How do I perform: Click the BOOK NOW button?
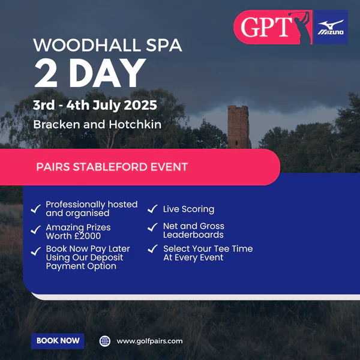pos(58,341)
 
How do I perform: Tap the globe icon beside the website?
pos(104,341)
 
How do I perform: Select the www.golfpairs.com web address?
pos(149,341)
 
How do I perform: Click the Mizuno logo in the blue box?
pos(331,27)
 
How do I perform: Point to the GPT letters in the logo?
pos(266,27)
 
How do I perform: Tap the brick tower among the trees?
pos(239,127)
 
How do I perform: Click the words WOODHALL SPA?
pos(107,45)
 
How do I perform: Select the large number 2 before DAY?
pos(46,73)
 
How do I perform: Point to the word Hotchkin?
pos(135,124)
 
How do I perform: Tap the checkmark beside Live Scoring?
pos(152,209)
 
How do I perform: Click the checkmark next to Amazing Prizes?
pos(36,230)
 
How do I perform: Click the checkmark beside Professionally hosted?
pos(36,209)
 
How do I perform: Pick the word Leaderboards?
pos(193,235)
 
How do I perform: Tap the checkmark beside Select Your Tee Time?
pos(152,248)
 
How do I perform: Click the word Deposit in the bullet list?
pos(107,257)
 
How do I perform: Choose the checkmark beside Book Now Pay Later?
pos(36,251)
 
